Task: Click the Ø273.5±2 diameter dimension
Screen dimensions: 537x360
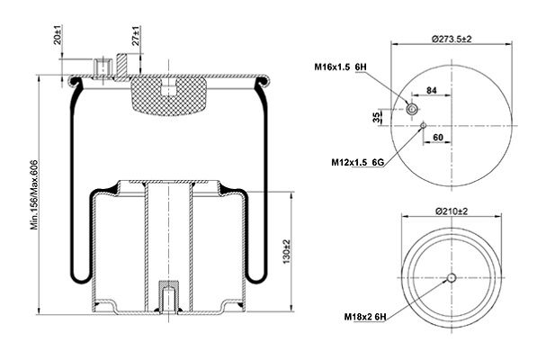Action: [x=452, y=39]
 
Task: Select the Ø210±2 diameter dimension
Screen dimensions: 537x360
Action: [x=452, y=211]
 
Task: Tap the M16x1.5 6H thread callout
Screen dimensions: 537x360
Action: [x=340, y=67]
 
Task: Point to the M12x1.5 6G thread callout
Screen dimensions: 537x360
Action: [x=357, y=162]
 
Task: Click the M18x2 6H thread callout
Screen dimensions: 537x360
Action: [x=365, y=317]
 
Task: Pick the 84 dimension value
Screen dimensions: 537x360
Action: [x=432, y=90]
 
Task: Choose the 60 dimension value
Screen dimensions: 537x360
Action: [x=438, y=138]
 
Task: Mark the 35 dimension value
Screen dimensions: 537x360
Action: [x=376, y=117]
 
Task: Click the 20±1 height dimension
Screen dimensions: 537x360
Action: [x=58, y=34]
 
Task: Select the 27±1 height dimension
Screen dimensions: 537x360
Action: [x=136, y=36]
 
